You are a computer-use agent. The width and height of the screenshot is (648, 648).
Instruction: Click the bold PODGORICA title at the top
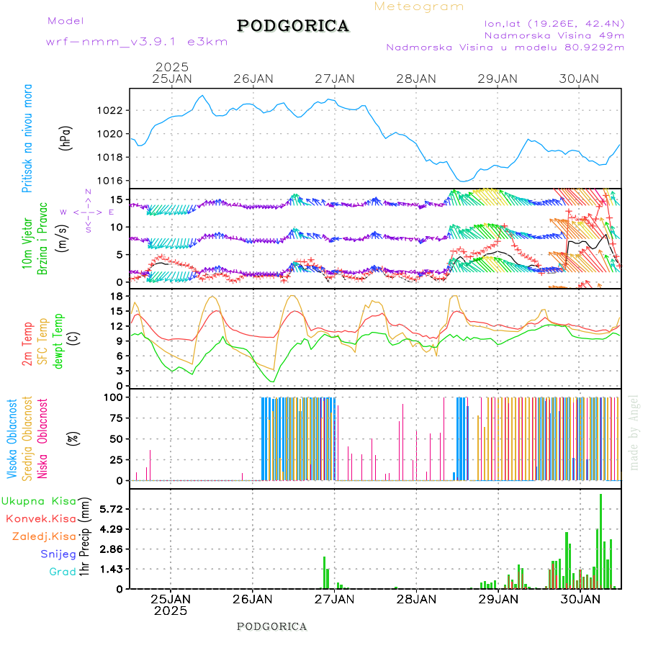point(293,26)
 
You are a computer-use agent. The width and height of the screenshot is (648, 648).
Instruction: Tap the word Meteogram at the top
point(419,6)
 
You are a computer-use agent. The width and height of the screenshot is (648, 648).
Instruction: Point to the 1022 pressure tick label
point(112,110)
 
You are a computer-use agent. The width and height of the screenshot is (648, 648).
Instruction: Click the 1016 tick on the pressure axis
point(112,181)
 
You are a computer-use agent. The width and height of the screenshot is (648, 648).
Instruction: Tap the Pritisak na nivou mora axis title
point(27,138)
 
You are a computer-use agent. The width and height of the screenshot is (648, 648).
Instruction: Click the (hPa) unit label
point(66,138)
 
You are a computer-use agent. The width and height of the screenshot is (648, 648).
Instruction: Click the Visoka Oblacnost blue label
point(12,438)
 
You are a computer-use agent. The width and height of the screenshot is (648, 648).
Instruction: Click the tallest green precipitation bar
point(600,540)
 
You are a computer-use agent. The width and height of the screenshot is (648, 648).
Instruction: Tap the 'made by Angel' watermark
point(634,432)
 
